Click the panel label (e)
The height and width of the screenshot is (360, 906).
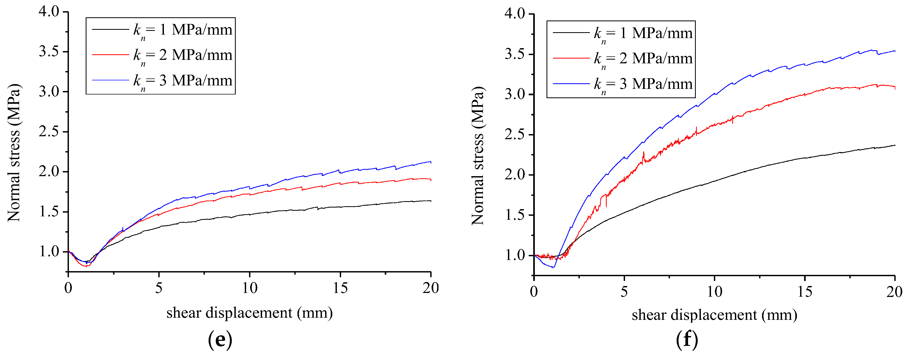pyautogui.click(x=220, y=340)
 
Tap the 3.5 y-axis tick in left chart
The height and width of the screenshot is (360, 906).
pyautogui.click(x=49, y=52)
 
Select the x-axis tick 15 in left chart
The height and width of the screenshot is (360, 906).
pyautogui.click(x=340, y=288)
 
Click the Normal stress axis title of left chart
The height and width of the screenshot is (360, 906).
pyautogui.click(x=14, y=153)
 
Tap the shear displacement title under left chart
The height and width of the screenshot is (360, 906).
pyautogui.click(x=249, y=313)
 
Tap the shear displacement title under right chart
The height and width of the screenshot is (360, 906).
pyautogui.click(x=714, y=315)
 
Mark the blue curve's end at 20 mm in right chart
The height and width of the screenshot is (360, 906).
pyautogui.click(x=894, y=51)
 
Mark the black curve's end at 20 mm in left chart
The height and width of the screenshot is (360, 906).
pyautogui.click(x=431, y=201)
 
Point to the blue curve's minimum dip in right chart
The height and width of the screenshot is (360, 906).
pyautogui.click(x=553, y=267)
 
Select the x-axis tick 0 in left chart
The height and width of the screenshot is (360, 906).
pyautogui.click(x=68, y=288)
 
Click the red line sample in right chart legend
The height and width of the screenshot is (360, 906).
pyautogui.click(x=571, y=58)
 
